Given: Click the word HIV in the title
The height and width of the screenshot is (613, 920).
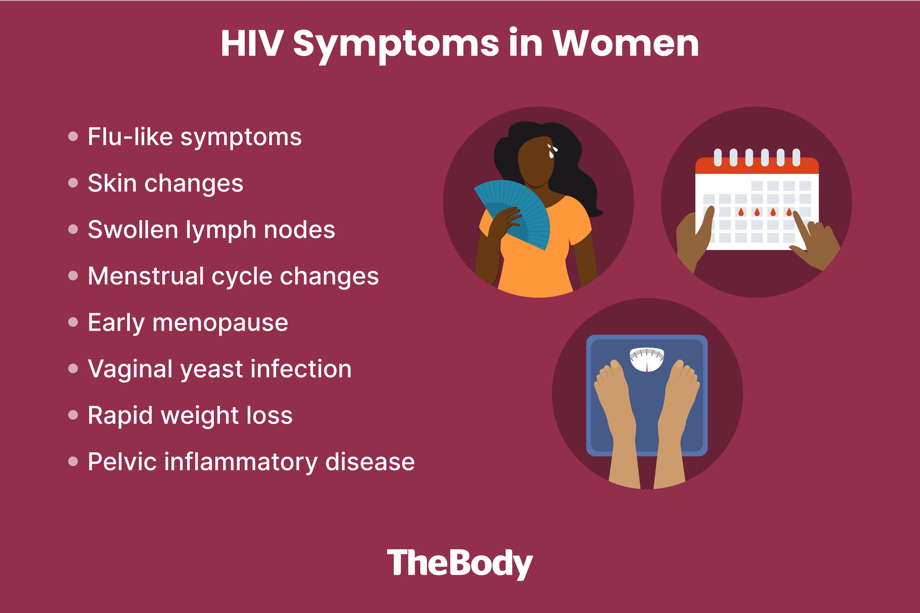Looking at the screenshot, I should coord(250,44).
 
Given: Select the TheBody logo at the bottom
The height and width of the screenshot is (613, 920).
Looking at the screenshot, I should coord(460,564).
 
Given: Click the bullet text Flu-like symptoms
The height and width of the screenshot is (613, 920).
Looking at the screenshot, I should coord(195,137).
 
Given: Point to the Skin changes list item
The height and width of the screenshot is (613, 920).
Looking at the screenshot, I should coord(165,183).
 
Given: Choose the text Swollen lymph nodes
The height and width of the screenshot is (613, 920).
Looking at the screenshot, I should coord(211,230).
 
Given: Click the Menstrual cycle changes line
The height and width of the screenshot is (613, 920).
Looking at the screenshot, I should coord(233,276).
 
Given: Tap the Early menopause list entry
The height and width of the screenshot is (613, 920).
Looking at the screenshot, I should coord(188,323).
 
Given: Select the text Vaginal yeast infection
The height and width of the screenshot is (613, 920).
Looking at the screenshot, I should coord(219,369).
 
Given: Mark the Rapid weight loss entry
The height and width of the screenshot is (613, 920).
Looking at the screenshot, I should coord(190,415).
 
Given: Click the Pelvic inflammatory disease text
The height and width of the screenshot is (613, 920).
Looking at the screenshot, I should coord(251,462).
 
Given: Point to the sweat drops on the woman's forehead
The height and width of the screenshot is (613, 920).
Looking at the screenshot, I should coord(552,151).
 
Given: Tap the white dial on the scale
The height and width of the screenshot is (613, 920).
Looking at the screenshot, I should coord(647,360).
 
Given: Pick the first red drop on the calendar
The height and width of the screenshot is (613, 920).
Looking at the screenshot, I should coord(741,212).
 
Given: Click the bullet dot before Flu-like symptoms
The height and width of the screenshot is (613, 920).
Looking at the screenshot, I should coord(73,137).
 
